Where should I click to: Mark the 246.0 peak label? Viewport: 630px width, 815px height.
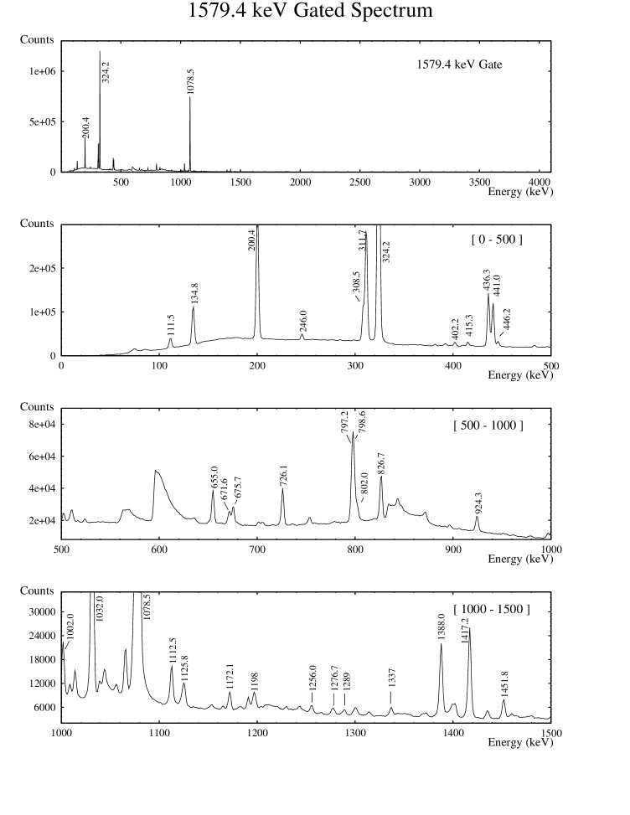302,322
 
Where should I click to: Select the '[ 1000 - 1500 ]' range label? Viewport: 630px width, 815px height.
491,607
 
